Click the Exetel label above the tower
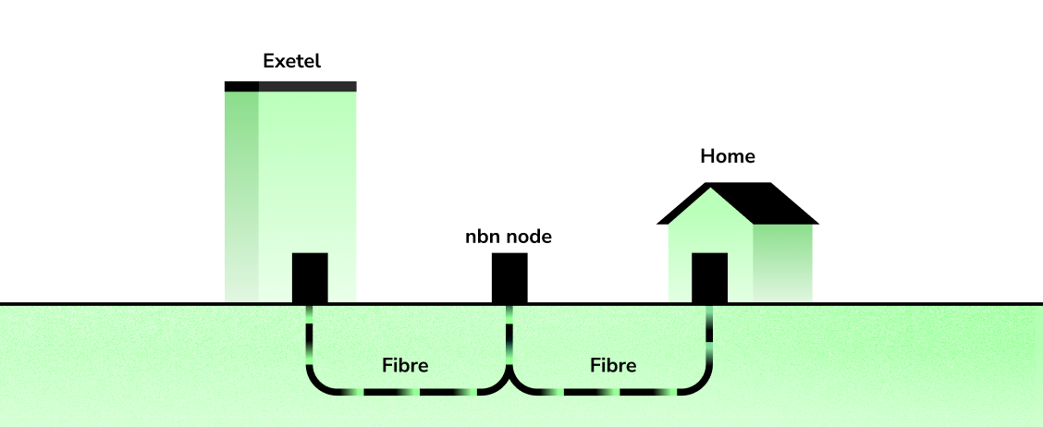291,63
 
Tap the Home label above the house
728,156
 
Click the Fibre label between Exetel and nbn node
405,365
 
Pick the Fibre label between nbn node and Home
613,365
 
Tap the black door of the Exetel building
310,277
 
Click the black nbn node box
509,277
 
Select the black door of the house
710,277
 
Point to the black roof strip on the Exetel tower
290,87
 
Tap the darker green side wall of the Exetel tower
241,185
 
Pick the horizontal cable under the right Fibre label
610,392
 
